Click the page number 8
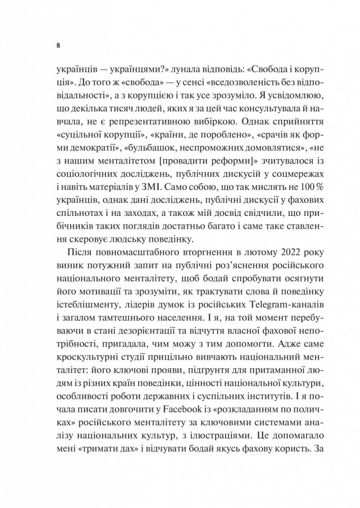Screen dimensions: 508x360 point(58,45)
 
